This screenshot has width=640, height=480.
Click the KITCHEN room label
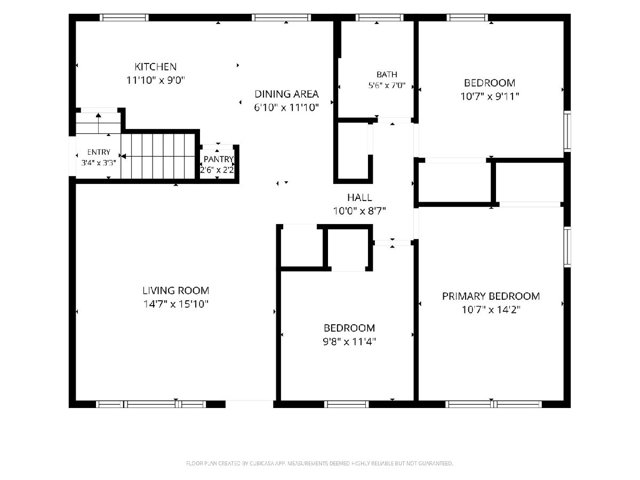coord(155,67)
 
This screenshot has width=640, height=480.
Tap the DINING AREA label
coord(286,94)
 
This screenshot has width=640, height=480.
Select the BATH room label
coord(387,75)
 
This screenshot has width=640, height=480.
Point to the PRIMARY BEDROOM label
coord(491,296)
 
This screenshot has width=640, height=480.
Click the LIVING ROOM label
coord(176,291)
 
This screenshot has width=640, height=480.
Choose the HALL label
coord(359,197)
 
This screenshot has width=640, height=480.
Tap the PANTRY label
coord(218,159)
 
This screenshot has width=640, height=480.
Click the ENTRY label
coord(99,152)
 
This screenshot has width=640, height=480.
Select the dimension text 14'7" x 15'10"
coord(176,304)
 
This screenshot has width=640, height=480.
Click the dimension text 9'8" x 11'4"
coord(349,341)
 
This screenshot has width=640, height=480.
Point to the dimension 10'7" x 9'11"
coord(490,96)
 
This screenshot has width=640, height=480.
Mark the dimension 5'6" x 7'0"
coord(387,85)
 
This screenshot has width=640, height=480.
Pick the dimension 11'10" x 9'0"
coord(156,80)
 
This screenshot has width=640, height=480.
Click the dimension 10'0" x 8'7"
coord(359,211)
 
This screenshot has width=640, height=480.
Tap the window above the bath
coord(379,18)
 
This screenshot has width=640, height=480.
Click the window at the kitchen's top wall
coord(124,18)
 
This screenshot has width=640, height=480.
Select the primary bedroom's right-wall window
coord(567,246)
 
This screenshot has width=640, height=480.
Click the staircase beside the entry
coord(158,156)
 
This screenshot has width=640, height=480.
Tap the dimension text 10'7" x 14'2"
coord(491,309)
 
